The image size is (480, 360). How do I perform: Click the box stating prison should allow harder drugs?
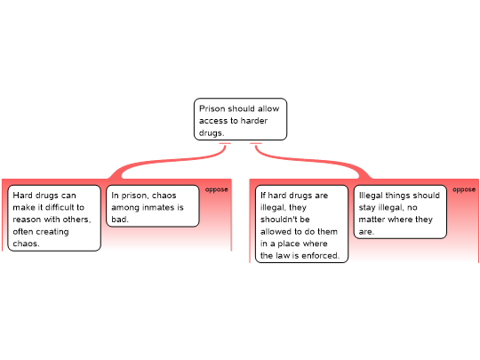pyautogui.click(x=240, y=119)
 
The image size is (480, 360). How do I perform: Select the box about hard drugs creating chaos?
pyautogui.click(x=54, y=218)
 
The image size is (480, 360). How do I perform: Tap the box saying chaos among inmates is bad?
pyautogui.click(x=153, y=206)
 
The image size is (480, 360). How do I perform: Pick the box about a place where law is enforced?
pyautogui.click(x=301, y=224)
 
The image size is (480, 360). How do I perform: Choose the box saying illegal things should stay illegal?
pyautogui.click(x=400, y=212)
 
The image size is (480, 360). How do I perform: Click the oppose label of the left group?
pyautogui.click(x=216, y=189)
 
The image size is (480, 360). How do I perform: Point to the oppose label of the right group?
pyautogui.click(x=464, y=189)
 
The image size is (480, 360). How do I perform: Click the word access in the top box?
pyautogui.click(x=213, y=121)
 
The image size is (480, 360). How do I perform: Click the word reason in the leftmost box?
pyautogui.click(x=27, y=220)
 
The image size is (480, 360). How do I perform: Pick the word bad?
pyautogui.click(x=120, y=220)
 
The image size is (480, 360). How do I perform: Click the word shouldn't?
pyautogui.click(x=285, y=220)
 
